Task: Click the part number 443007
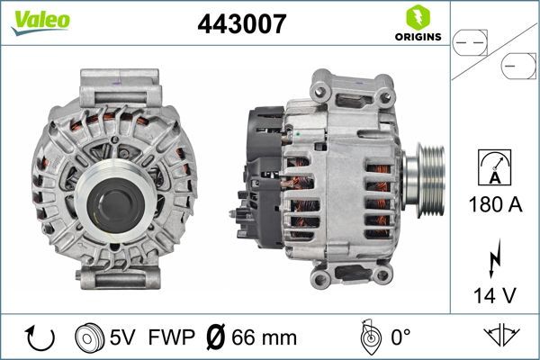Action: tap(241, 25)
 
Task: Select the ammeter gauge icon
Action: tap(494, 168)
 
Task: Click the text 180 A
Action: tap(494, 205)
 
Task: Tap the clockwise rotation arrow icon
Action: tap(39, 337)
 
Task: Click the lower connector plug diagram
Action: tap(516, 66)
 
